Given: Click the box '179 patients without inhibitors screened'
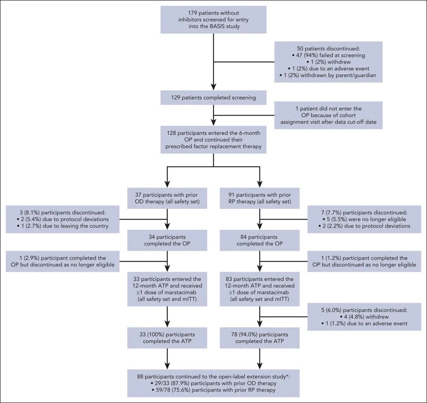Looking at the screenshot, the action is point(213,20).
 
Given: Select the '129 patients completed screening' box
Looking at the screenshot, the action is point(213,98).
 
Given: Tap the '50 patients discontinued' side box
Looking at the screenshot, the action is point(328,62).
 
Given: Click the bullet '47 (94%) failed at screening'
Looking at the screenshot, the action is point(328,55).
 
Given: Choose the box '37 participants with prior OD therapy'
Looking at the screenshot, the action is point(167,198).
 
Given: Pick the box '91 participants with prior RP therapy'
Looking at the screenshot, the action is point(259,198).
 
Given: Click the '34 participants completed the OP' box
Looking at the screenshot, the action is point(167,240).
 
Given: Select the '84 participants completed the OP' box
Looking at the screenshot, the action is point(259,240).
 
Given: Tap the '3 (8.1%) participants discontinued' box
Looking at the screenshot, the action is point(62,219).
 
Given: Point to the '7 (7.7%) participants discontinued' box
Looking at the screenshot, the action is point(364,219).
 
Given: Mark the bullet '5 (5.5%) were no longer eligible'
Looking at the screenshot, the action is point(364,219).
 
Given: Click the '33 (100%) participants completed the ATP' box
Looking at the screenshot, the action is point(167,338).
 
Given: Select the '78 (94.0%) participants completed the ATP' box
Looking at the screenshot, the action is point(259,338).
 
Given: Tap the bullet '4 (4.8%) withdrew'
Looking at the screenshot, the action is point(364,317).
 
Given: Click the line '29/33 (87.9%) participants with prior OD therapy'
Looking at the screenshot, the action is point(213,383).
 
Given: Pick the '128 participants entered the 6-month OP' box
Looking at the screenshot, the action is point(213,139).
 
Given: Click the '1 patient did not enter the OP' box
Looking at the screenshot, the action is point(328,115).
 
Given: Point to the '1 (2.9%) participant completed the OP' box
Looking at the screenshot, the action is point(62,261).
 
